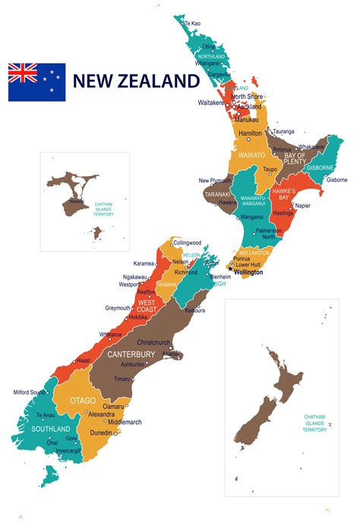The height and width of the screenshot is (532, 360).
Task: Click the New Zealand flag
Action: point(36,82)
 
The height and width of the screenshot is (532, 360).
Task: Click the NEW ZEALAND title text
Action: point(136,81)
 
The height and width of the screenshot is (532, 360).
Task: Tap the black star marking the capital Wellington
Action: point(230,269)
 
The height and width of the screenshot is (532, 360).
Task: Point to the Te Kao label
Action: point(193,24)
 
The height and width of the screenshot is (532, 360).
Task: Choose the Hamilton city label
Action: point(250,133)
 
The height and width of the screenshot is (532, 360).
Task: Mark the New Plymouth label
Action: point(215,181)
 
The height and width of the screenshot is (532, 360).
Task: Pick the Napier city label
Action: point(302,205)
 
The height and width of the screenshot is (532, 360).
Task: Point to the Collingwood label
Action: point(187,243)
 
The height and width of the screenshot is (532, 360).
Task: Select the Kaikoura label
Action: point(196,310)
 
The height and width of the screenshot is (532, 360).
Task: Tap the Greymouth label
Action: point(118,308)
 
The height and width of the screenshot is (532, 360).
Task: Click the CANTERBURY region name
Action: point(131,354)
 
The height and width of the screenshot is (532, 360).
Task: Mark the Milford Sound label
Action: point(30,392)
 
